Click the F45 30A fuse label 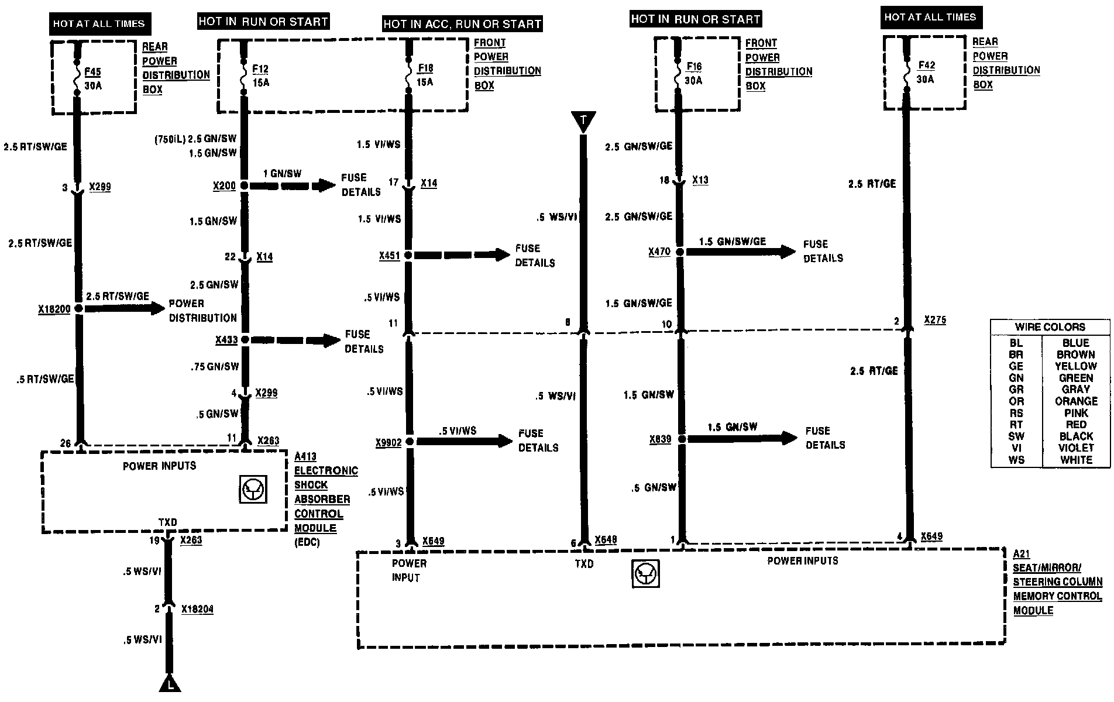[x=92, y=78]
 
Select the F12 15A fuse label [x=260, y=76]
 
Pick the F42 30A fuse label [x=926, y=72]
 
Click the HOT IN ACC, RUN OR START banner [x=462, y=24]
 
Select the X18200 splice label [x=54, y=309]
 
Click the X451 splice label [x=389, y=256]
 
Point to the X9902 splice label [x=388, y=443]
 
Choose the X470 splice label [x=659, y=252]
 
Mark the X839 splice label [x=660, y=439]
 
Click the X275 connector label [x=935, y=320]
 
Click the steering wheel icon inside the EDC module [x=253, y=490]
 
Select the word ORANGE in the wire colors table [x=1076, y=401]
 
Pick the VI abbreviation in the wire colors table [x=1016, y=448]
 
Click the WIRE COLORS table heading [x=1050, y=327]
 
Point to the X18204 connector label [x=197, y=610]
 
